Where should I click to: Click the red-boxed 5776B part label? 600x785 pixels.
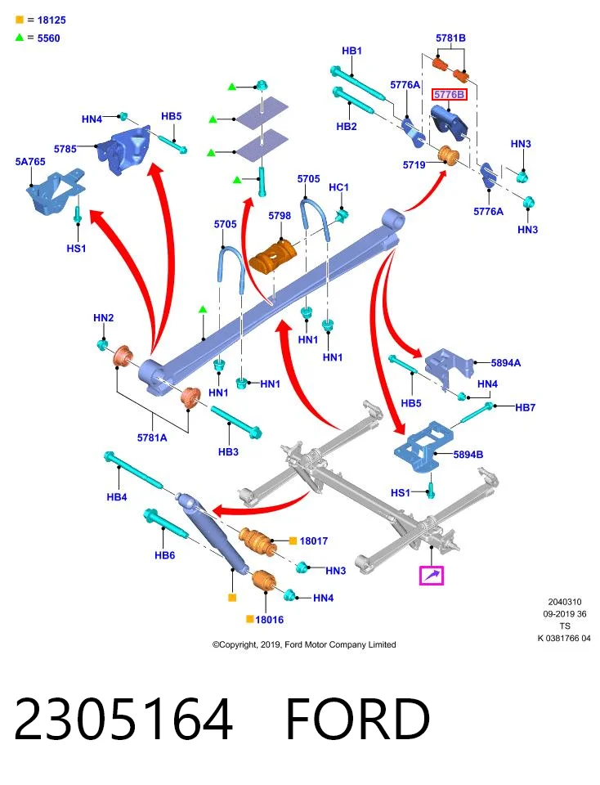click(449, 95)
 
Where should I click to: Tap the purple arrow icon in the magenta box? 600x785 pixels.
click(432, 575)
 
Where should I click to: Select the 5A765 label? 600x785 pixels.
click(30, 162)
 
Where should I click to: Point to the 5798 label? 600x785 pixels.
click(280, 216)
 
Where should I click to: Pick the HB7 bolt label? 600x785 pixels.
click(526, 407)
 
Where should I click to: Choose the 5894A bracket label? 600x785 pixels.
click(505, 363)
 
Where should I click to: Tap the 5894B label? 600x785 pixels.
click(468, 455)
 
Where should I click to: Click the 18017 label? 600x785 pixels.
click(314, 541)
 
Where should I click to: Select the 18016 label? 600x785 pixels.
click(269, 620)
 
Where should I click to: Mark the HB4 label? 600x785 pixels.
click(117, 497)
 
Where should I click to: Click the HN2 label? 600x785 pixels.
click(104, 318)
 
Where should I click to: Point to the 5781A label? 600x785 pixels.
click(152, 437)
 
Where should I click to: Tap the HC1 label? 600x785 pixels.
click(338, 187)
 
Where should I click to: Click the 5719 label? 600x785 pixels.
click(414, 164)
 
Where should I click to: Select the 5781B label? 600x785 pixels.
click(450, 38)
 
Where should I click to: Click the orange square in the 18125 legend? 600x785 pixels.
click(20, 20)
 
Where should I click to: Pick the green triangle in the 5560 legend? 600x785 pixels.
click(20, 38)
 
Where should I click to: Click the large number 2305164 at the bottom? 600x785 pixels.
click(123, 719)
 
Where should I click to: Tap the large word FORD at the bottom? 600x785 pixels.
click(358, 719)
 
